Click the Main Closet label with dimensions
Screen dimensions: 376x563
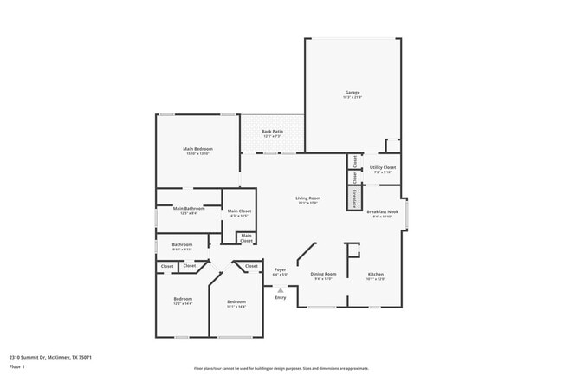click(x=239, y=212)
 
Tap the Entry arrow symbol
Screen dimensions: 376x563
click(x=280, y=289)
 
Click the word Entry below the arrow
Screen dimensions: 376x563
click(x=280, y=297)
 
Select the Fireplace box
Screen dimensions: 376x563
click(x=354, y=198)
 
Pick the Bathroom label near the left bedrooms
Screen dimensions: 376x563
click(x=182, y=247)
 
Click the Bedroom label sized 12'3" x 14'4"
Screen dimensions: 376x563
click(x=183, y=301)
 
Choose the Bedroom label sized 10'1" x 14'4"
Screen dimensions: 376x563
click(x=236, y=304)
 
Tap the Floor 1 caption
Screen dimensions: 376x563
click(x=17, y=366)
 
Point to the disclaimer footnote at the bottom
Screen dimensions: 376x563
click(x=281, y=368)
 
